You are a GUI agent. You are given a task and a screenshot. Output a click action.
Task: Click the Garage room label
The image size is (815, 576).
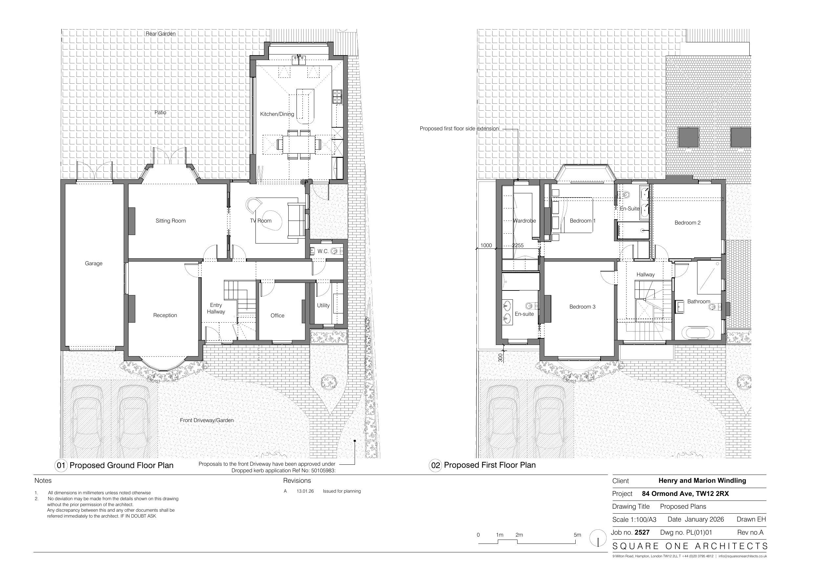[94, 263]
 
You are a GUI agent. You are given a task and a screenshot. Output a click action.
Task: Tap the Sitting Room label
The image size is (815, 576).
[171, 221]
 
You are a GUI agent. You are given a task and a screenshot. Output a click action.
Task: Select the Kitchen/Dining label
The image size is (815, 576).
[277, 114]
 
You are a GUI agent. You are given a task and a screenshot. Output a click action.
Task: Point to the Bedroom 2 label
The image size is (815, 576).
[688, 223]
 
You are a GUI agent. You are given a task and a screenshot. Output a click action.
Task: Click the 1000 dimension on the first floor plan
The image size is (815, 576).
[486, 245]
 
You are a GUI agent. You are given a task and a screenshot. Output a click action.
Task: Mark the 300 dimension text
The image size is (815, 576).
[500, 357]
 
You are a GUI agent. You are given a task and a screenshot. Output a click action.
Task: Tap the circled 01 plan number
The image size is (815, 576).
[61, 465]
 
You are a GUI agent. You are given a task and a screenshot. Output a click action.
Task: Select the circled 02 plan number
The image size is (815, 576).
[435, 465]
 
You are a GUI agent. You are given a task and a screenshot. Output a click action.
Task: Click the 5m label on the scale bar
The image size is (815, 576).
[578, 535]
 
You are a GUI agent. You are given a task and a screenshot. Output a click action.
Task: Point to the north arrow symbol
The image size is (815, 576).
[598, 538]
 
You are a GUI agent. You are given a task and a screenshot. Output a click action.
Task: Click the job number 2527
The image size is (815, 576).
[642, 532]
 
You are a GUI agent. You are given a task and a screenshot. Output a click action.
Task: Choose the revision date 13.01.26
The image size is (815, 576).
[305, 491]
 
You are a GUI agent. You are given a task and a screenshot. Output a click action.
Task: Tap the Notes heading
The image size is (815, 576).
[43, 480]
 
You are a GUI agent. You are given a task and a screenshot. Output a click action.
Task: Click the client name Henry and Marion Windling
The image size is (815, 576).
[702, 480]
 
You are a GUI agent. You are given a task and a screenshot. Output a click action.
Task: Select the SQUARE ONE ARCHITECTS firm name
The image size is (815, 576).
[690, 546]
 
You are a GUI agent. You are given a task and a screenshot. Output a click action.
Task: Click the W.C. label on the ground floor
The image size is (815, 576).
[323, 251]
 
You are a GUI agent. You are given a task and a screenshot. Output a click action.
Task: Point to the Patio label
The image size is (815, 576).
[161, 113]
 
